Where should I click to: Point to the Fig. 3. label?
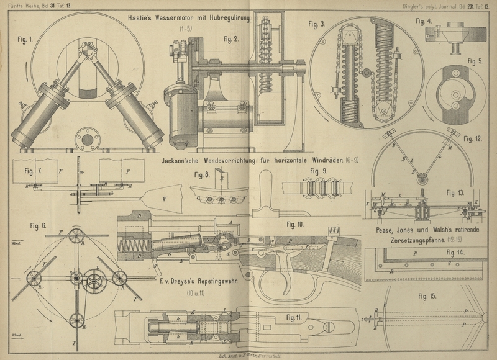(316, 24)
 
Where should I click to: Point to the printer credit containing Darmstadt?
(247, 351)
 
